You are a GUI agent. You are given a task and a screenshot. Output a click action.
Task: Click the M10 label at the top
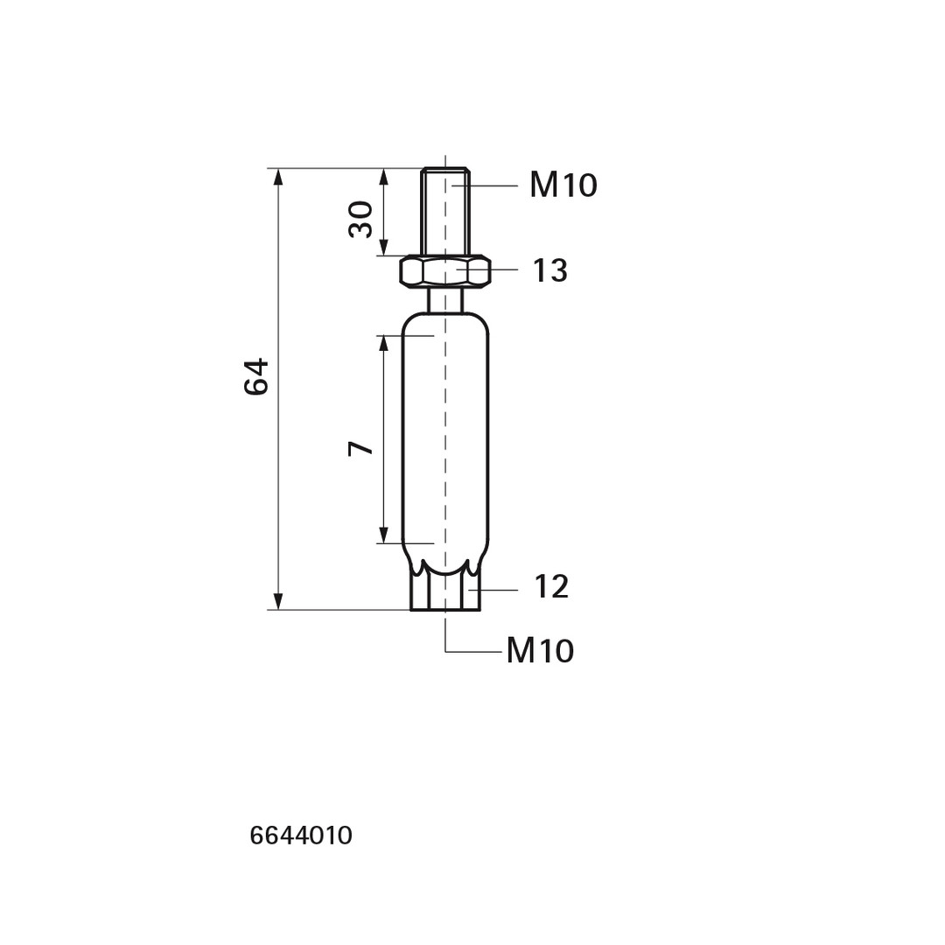click(x=563, y=185)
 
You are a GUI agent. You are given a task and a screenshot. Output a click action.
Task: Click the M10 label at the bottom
click(x=540, y=651)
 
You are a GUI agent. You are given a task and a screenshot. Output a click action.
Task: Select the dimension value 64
click(x=256, y=376)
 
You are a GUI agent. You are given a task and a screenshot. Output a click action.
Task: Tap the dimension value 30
click(x=361, y=220)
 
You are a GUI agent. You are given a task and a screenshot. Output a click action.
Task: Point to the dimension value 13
click(x=550, y=270)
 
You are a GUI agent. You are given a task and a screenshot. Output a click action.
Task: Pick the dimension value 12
click(x=551, y=587)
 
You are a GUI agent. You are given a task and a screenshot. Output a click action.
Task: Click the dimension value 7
click(x=361, y=448)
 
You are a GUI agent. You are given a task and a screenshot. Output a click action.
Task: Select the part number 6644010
click(x=301, y=836)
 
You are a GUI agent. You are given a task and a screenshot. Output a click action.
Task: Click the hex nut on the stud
click(x=444, y=270)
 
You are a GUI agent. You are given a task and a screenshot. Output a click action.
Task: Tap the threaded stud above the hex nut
click(x=445, y=212)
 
